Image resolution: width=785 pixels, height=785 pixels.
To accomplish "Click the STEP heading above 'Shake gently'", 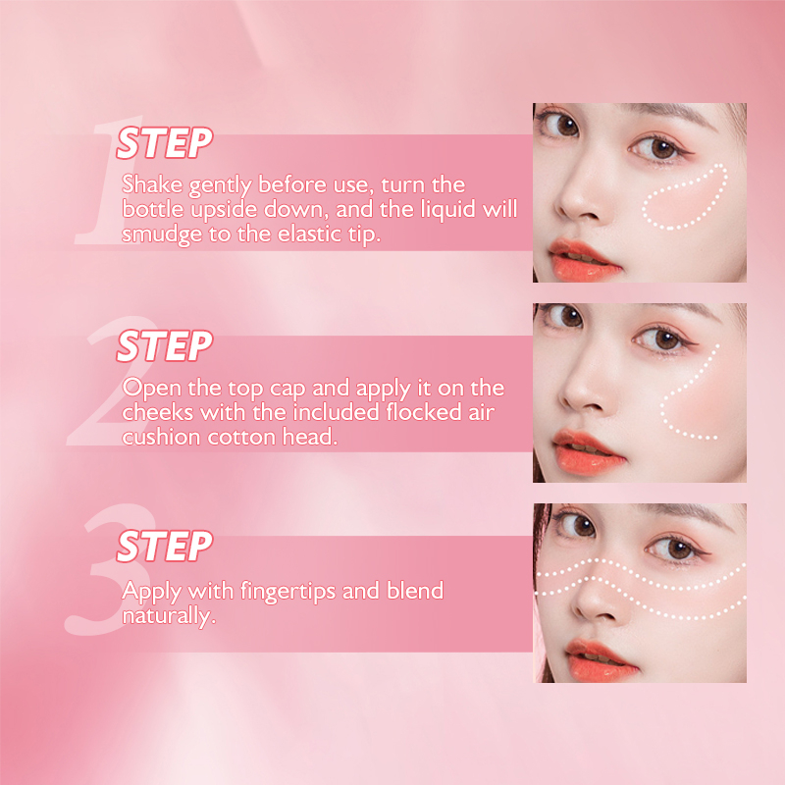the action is [x=164, y=142].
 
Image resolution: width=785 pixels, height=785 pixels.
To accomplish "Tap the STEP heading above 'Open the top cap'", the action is [x=164, y=345].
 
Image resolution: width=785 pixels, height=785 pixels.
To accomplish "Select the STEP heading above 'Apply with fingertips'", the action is [x=164, y=546].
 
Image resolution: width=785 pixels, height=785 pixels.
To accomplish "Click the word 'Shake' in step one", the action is [x=152, y=184].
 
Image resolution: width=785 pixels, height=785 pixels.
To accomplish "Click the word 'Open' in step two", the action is [x=152, y=389].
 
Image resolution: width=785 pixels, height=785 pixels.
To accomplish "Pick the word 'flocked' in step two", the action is [x=424, y=412].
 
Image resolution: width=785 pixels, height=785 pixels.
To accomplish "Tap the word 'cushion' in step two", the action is [x=161, y=437].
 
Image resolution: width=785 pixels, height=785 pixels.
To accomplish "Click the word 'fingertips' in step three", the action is [x=288, y=592].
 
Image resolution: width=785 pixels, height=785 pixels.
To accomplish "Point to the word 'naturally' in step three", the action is [x=167, y=616].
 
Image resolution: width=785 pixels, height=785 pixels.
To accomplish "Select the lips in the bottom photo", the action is [x=601, y=660].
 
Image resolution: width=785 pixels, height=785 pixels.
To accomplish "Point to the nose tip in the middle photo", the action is [x=578, y=395].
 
